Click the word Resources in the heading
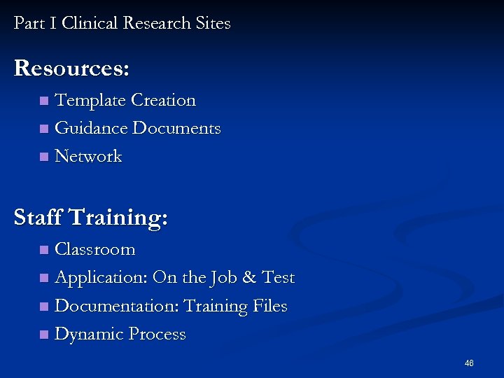point(71,69)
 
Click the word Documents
point(177,129)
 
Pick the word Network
point(88,157)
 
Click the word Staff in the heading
point(38,218)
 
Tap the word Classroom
point(95,250)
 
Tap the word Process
point(156,335)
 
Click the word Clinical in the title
point(90,23)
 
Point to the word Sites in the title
point(213,23)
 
